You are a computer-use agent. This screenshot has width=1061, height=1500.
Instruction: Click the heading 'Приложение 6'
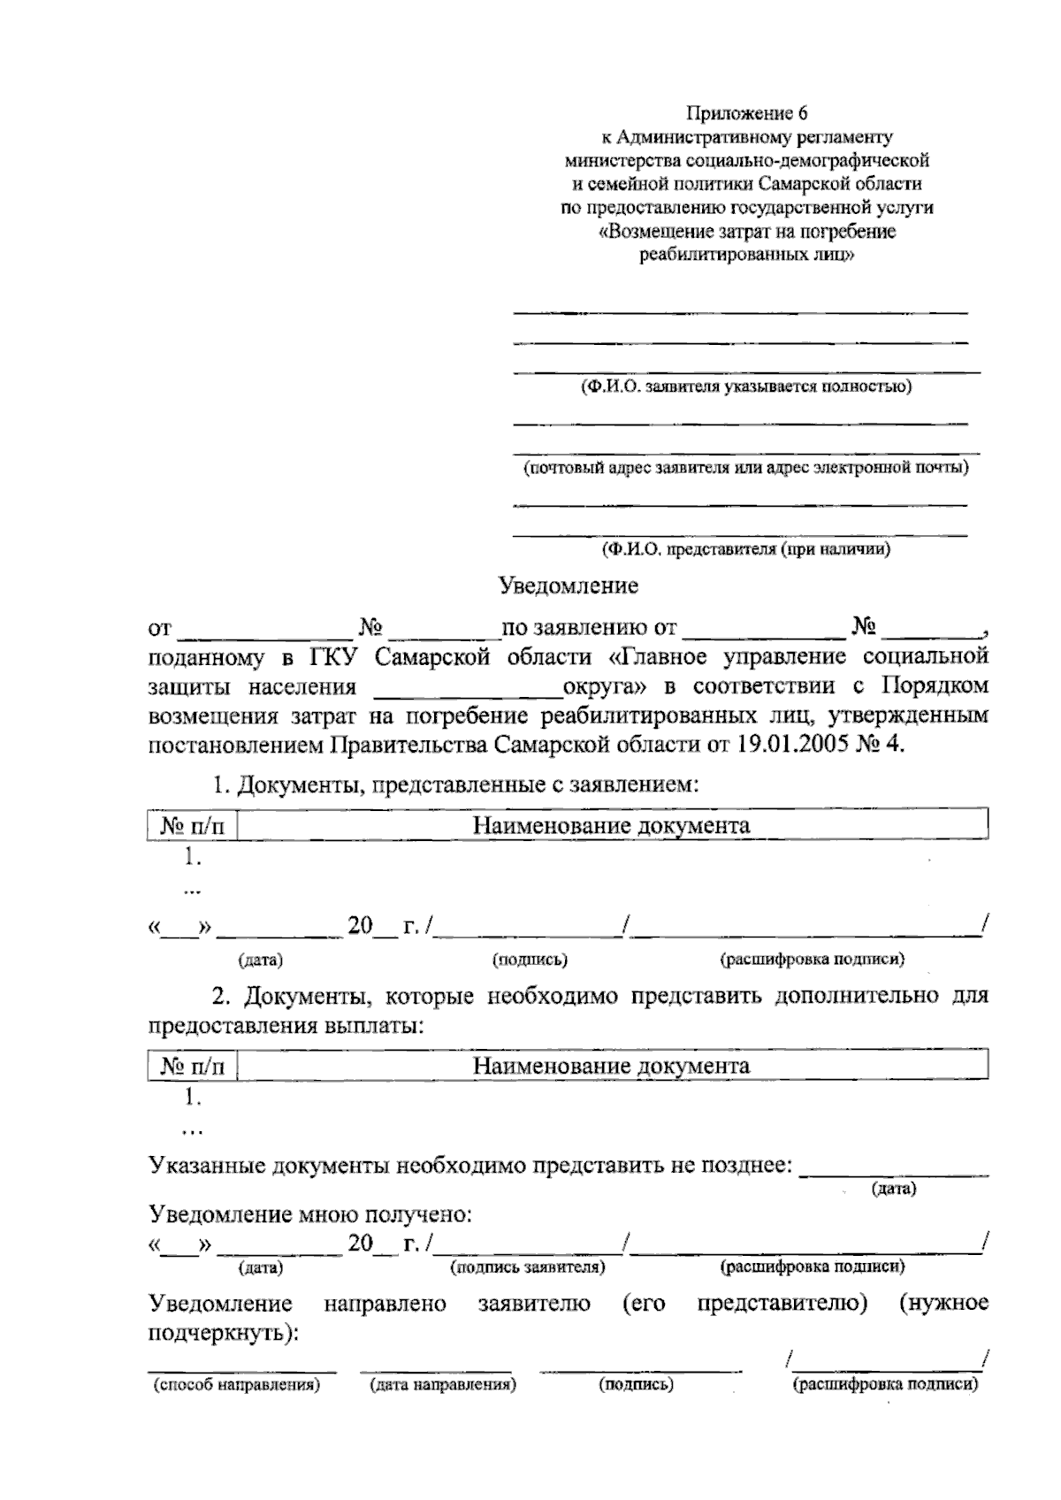pos(748,114)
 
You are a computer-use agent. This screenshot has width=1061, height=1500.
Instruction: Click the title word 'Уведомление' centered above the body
pos(568,585)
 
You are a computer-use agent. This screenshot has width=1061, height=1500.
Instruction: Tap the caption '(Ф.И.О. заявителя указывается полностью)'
pos(745,386)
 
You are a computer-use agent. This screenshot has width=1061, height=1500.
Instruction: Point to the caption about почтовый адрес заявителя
pos(745,468)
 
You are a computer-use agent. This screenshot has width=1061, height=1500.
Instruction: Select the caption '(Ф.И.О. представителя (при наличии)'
pos(745,549)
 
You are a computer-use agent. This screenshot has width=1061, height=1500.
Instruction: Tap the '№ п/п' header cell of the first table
pos(193,826)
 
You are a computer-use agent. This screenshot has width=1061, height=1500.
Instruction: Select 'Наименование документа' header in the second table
pos(611,1066)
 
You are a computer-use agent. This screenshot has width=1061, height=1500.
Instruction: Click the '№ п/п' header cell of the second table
pos(193,1067)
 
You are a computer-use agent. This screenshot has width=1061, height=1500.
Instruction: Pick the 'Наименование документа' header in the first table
pos(611,826)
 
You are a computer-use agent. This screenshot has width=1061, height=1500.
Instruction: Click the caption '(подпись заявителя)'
pos(528,1267)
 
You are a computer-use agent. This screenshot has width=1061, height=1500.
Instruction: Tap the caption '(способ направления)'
pos(236,1385)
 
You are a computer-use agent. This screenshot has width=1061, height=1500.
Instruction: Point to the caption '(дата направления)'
pos(442,1385)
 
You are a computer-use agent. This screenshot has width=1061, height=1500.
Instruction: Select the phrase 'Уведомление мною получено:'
pos(309,1214)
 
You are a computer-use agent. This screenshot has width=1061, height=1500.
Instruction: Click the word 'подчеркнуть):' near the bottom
pos(223,1333)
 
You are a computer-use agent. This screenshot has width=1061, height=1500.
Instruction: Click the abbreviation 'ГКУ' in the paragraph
pos(335,658)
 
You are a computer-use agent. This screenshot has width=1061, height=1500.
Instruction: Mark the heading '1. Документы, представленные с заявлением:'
pos(455,784)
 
